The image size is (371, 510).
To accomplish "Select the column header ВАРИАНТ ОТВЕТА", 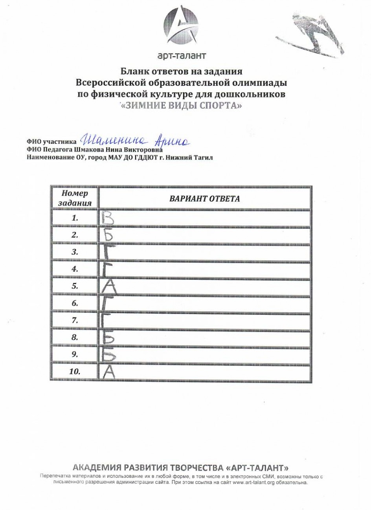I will tap(204, 198).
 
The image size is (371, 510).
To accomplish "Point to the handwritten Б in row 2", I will tap(107, 235).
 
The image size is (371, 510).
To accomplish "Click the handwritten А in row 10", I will tap(108, 371).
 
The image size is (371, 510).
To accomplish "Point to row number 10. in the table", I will tap(75, 371).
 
